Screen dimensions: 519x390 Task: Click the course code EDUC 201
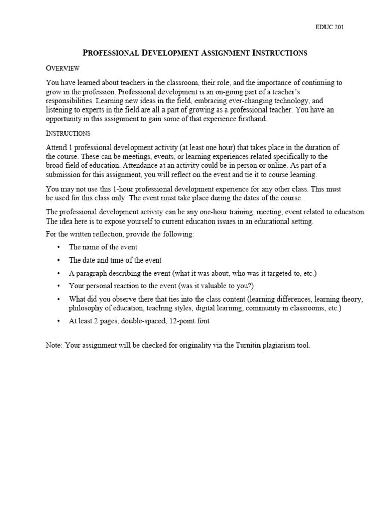(330, 27)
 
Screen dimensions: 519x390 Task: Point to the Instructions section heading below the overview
(68, 134)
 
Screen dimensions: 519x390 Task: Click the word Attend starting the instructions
(56, 147)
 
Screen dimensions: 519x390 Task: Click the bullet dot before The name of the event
(59, 247)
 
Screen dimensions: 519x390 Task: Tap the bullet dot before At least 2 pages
(59, 321)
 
